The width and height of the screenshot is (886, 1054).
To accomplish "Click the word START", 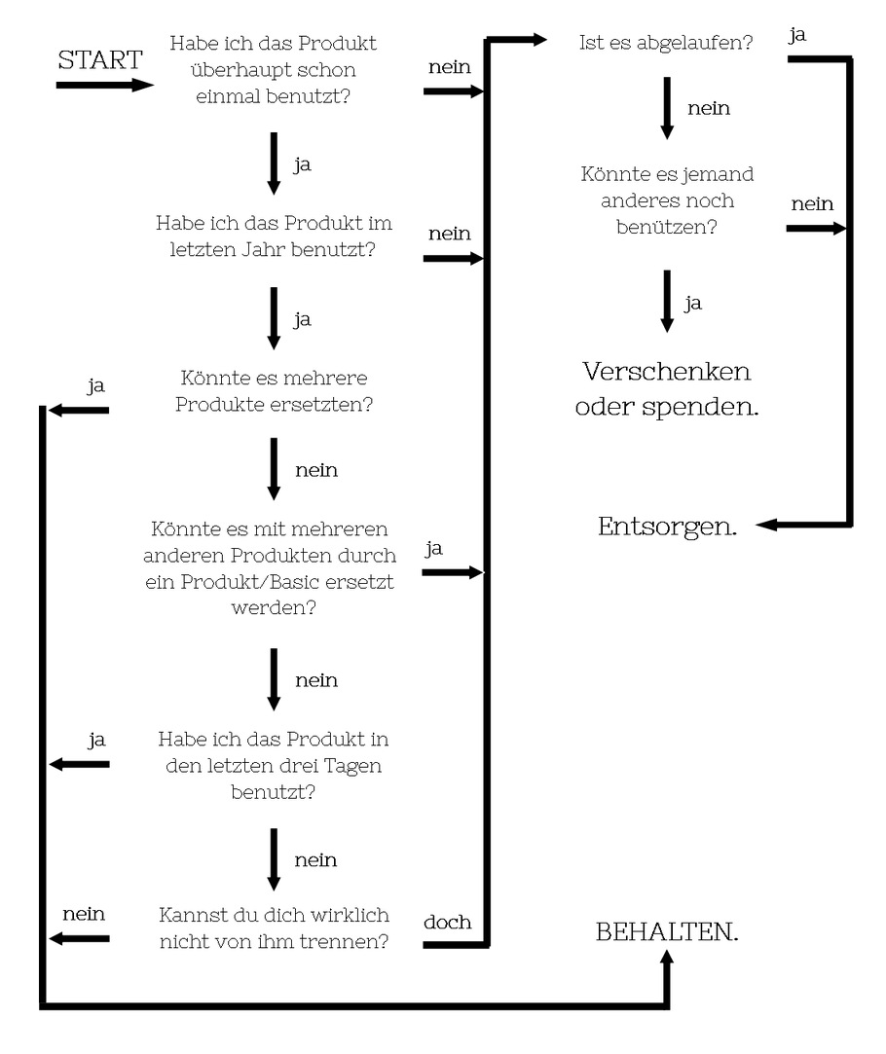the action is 100,59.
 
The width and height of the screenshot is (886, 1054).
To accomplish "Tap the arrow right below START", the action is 105,86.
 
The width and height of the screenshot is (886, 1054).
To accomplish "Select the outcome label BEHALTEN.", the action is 667,931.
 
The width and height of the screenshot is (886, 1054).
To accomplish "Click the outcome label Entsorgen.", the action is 667,527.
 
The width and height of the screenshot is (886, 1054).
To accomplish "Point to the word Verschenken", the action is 666,371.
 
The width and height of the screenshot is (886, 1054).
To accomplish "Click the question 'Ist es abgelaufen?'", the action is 666,43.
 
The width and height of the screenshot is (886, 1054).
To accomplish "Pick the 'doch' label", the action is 447,922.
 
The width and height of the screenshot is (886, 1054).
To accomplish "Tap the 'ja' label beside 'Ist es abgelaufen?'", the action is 797,35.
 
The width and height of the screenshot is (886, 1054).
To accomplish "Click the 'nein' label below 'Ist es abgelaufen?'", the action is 709,108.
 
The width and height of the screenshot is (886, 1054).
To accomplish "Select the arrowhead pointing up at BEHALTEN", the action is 667,957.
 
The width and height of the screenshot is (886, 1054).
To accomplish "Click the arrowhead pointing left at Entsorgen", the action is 766,525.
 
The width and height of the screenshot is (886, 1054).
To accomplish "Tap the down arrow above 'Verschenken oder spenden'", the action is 667,301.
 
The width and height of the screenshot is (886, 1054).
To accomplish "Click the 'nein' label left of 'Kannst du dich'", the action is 84,914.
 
